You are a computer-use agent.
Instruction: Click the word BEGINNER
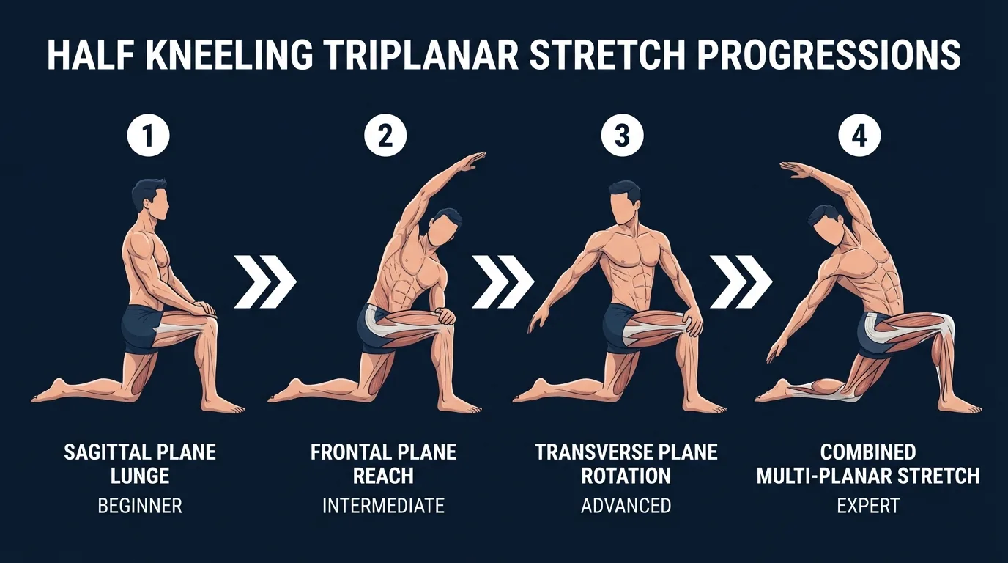pos(140,505)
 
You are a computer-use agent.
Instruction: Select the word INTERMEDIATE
pos(383,505)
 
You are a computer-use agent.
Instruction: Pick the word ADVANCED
pos(626,505)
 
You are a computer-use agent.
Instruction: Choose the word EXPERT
pos(868,505)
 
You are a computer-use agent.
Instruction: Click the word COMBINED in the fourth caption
pos(868,452)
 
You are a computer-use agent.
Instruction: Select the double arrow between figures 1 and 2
pos(265,281)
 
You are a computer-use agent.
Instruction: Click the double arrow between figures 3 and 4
pos(741,281)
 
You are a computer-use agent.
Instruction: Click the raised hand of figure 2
pos(472,158)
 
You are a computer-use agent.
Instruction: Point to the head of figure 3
pos(624,201)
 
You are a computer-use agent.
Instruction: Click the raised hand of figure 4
pos(794,169)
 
